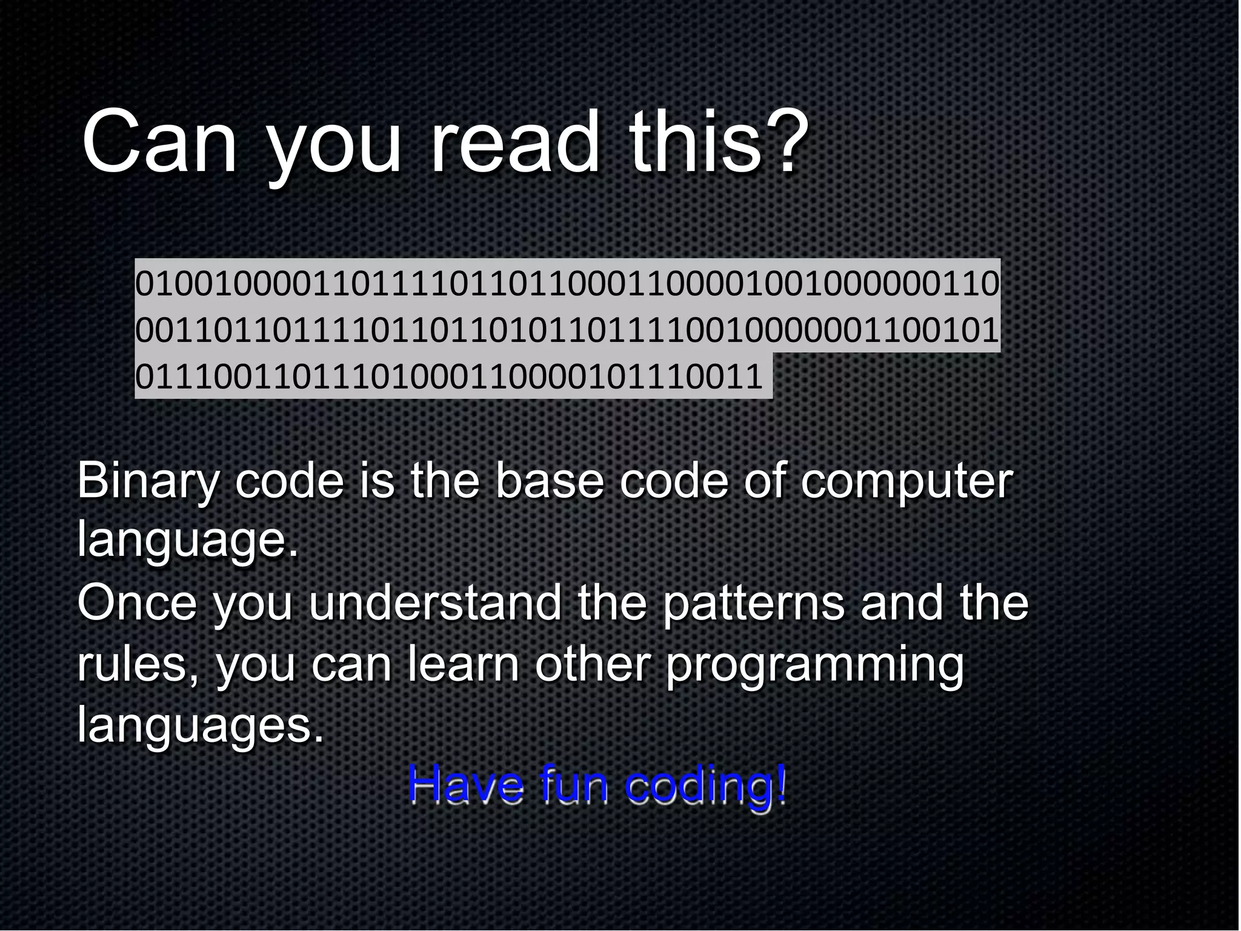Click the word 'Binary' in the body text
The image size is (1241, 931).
tap(148, 482)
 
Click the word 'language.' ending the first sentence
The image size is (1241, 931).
tap(188, 541)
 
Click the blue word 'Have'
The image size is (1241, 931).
tap(465, 784)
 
